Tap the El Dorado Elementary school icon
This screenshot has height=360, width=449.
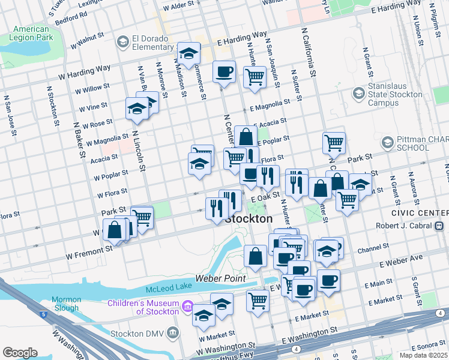pos(123,41)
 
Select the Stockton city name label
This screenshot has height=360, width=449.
pos(249,220)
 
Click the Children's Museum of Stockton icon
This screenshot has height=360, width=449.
pos(187,307)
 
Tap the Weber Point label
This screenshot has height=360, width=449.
pos(228,279)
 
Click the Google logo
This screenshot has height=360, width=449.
pos(20,353)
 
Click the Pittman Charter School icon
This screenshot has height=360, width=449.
pos(387,143)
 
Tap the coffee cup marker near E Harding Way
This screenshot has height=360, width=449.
pos(224,72)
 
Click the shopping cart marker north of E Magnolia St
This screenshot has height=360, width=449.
pos(255,77)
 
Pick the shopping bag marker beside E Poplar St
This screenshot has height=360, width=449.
pos(246,137)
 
